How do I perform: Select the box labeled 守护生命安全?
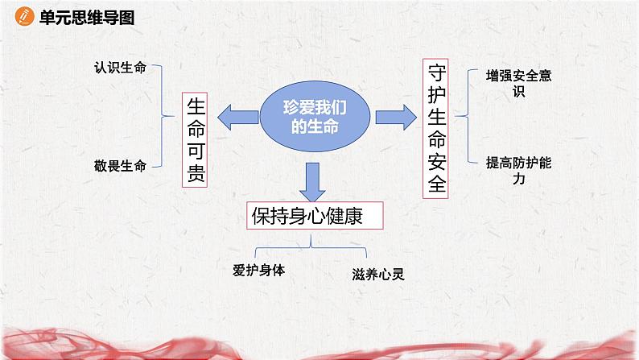pos(437,128)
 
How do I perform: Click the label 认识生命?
pos(120,68)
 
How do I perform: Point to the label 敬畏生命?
pos(120,167)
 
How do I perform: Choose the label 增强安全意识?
pos(516,83)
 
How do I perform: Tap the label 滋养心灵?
pos(377,275)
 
